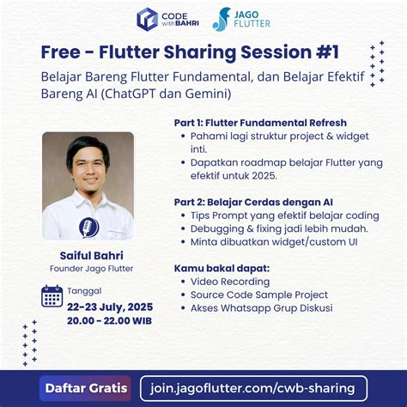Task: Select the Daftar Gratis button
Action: click(x=85, y=387)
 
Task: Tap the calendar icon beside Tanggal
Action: click(x=52, y=296)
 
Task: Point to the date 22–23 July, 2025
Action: click(x=109, y=307)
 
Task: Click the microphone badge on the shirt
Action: click(x=88, y=227)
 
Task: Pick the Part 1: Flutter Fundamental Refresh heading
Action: click(x=260, y=122)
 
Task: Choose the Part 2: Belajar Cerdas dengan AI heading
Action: click(x=252, y=201)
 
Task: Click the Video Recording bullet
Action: click(x=230, y=281)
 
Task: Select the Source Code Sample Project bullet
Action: click(x=259, y=295)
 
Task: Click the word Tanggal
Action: click(x=84, y=290)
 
